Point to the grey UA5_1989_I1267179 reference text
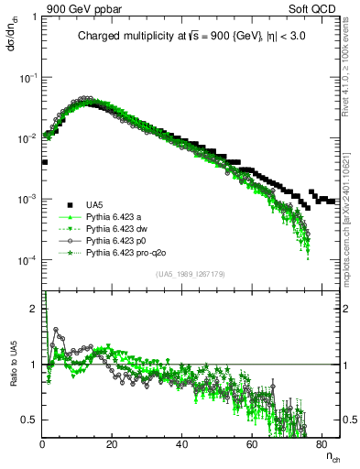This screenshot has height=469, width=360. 190,273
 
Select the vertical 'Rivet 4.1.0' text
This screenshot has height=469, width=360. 351,69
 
